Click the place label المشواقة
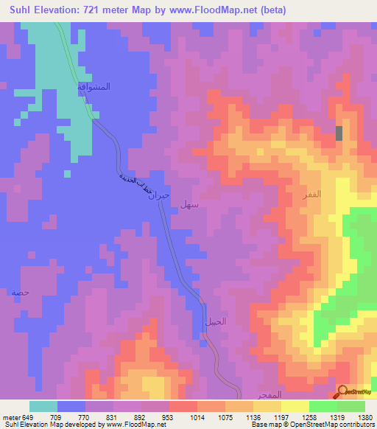pos(94,86)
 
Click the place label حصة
pos(20,293)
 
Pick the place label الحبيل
pos(214,321)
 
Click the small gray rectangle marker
pos(339,133)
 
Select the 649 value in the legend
pos(27,416)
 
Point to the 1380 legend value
pos(365,416)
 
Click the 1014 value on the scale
pos(197,416)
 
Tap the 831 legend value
pos(113,416)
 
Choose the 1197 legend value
pos(281,416)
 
